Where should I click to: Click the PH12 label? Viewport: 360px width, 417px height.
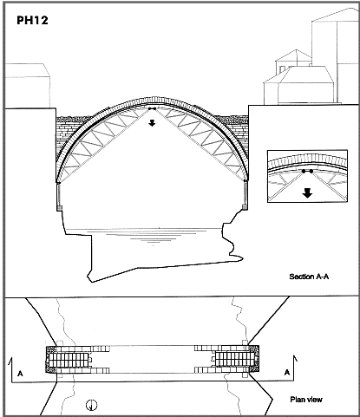(x=32, y=20)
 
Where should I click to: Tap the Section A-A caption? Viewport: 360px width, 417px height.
(x=309, y=277)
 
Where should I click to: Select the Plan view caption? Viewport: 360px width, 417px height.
(x=306, y=400)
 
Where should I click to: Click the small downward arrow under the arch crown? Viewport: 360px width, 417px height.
(x=152, y=123)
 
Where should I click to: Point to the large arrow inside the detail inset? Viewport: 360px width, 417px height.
(x=307, y=193)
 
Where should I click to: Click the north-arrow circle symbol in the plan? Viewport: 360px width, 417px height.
(x=92, y=405)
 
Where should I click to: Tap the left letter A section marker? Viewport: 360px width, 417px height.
(x=20, y=374)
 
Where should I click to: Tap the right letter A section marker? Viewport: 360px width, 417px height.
(x=287, y=372)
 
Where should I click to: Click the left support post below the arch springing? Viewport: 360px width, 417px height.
(x=59, y=196)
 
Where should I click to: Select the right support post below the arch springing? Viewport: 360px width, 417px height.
(x=245, y=194)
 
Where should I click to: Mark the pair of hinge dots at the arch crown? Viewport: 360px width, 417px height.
(x=152, y=108)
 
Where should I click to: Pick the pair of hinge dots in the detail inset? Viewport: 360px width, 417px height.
(x=307, y=172)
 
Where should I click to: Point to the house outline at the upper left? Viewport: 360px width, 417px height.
(x=27, y=86)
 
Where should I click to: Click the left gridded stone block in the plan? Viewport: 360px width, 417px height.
(x=69, y=360)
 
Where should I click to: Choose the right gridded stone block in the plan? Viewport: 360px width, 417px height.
(x=233, y=359)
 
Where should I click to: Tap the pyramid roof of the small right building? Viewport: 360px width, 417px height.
(x=294, y=55)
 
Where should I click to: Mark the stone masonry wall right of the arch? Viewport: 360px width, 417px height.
(x=239, y=130)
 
